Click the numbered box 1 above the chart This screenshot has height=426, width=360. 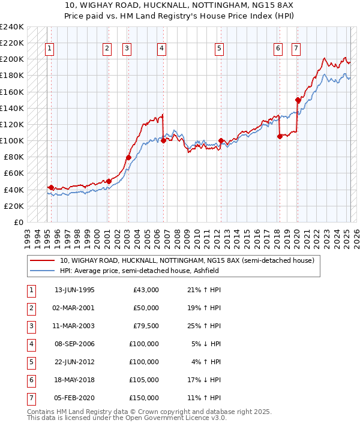[49, 49]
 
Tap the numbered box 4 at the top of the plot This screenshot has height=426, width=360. [162, 49]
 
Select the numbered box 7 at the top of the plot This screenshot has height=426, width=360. [296, 49]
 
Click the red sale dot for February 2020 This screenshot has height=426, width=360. [298, 100]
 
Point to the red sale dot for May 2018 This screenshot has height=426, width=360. [280, 136]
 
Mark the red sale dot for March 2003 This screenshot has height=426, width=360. [128, 157]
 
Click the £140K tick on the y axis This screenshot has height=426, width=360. [12, 108]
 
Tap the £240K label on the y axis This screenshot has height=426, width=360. [12, 27]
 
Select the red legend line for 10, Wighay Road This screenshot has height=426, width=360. [41, 261]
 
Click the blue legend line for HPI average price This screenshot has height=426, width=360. [41, 271]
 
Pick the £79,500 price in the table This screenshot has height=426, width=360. [145, 327]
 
